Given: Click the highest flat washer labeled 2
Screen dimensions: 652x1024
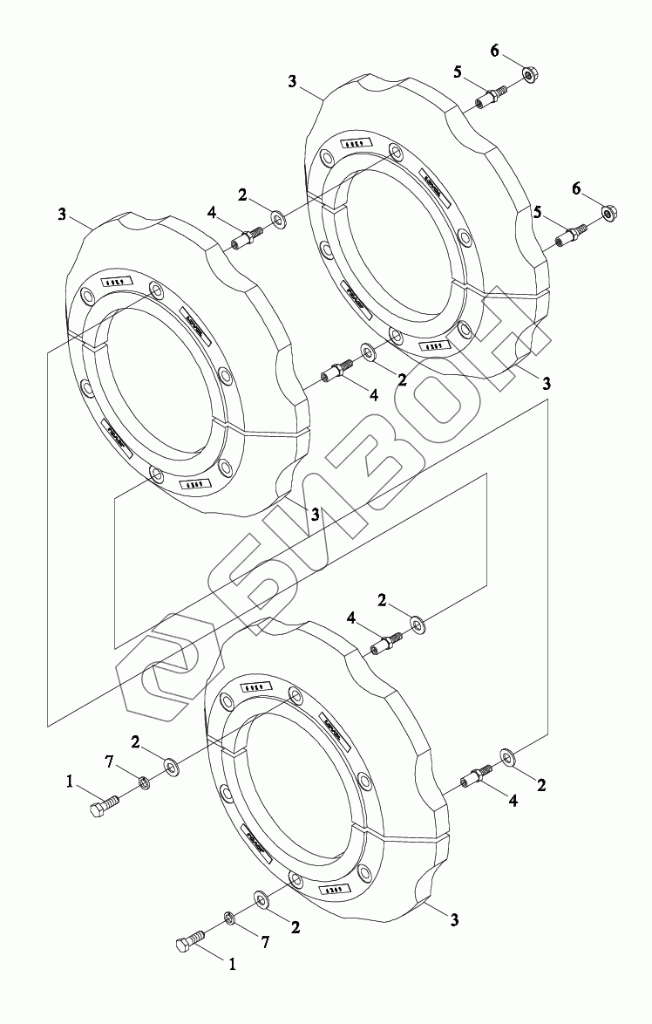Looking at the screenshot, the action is pos(277,214).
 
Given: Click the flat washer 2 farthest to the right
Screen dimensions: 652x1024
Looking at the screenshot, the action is pos(508,754).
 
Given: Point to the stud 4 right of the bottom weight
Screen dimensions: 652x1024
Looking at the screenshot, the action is pos(479,774).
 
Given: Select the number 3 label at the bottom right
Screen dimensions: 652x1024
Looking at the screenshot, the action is pos(455,918).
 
